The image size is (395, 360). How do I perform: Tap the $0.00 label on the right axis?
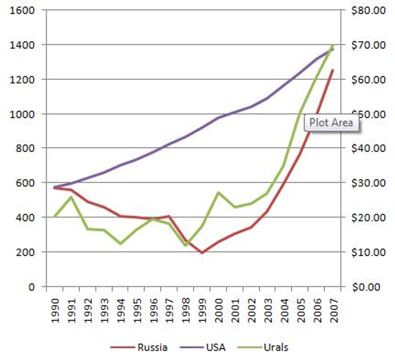[368, 287]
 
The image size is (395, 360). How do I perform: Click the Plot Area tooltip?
[331, 123]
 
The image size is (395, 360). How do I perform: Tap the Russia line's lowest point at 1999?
[202, 252]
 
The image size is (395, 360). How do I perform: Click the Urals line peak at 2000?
[218, 192]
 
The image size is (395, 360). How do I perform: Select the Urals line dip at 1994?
[120, 244]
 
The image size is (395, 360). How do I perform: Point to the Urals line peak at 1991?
[71, 197]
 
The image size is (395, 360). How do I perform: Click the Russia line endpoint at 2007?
[333, 70]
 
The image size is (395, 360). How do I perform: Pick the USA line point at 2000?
[218, 117]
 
